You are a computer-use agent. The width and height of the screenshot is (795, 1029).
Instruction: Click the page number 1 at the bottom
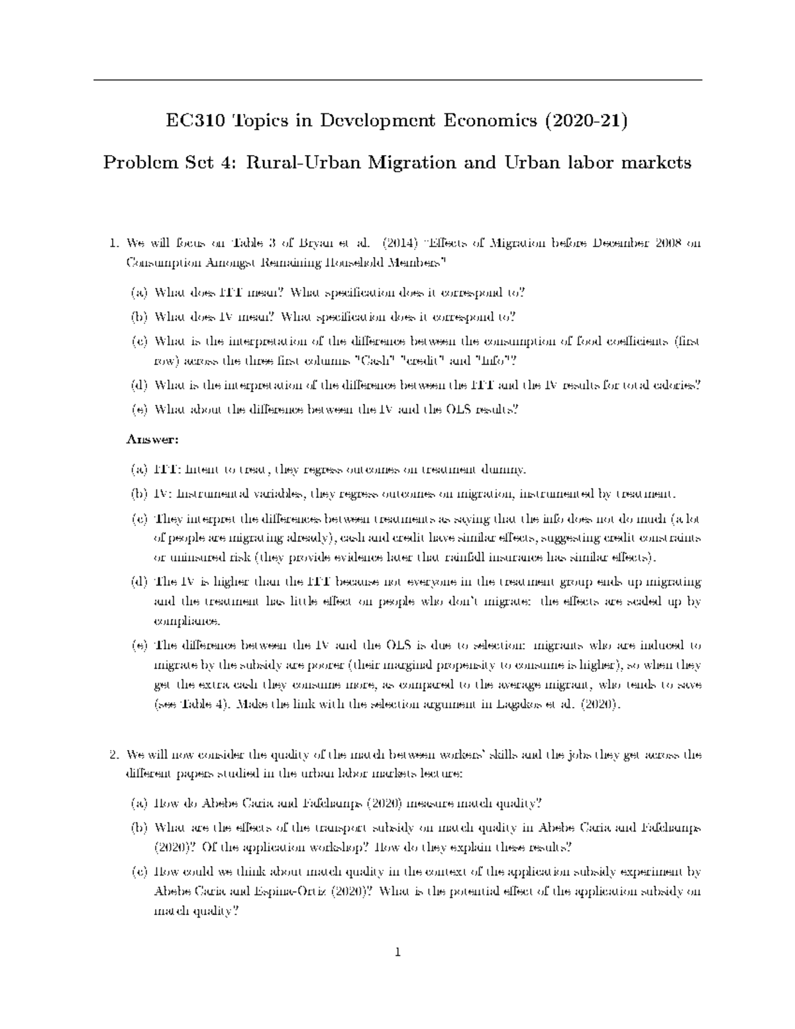click(397, 953)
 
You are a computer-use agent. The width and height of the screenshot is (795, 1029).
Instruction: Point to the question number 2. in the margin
click(113, 755)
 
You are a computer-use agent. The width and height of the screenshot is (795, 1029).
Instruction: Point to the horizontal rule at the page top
click(397, 80)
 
